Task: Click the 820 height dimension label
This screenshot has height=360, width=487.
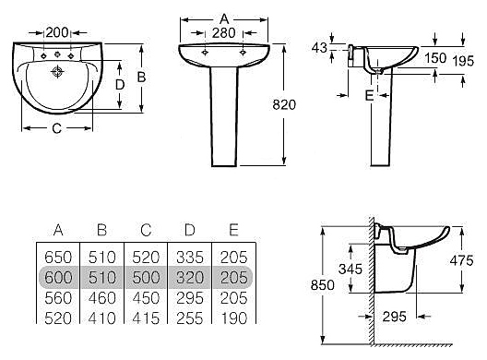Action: (284, 104)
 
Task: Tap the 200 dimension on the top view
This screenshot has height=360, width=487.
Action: (57, 32)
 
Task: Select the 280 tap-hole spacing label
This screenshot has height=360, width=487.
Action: (224, 33)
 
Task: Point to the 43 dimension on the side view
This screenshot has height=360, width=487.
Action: (319, 48)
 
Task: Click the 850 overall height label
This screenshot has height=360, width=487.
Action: (323, 284)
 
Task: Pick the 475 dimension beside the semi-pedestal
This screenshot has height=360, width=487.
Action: (461, 260)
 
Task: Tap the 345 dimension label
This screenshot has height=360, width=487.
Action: (350, 270)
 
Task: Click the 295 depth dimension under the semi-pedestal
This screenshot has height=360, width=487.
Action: (395, 317)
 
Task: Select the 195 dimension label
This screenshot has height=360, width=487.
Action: (463, 61)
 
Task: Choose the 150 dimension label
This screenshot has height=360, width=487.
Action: (435, 58)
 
